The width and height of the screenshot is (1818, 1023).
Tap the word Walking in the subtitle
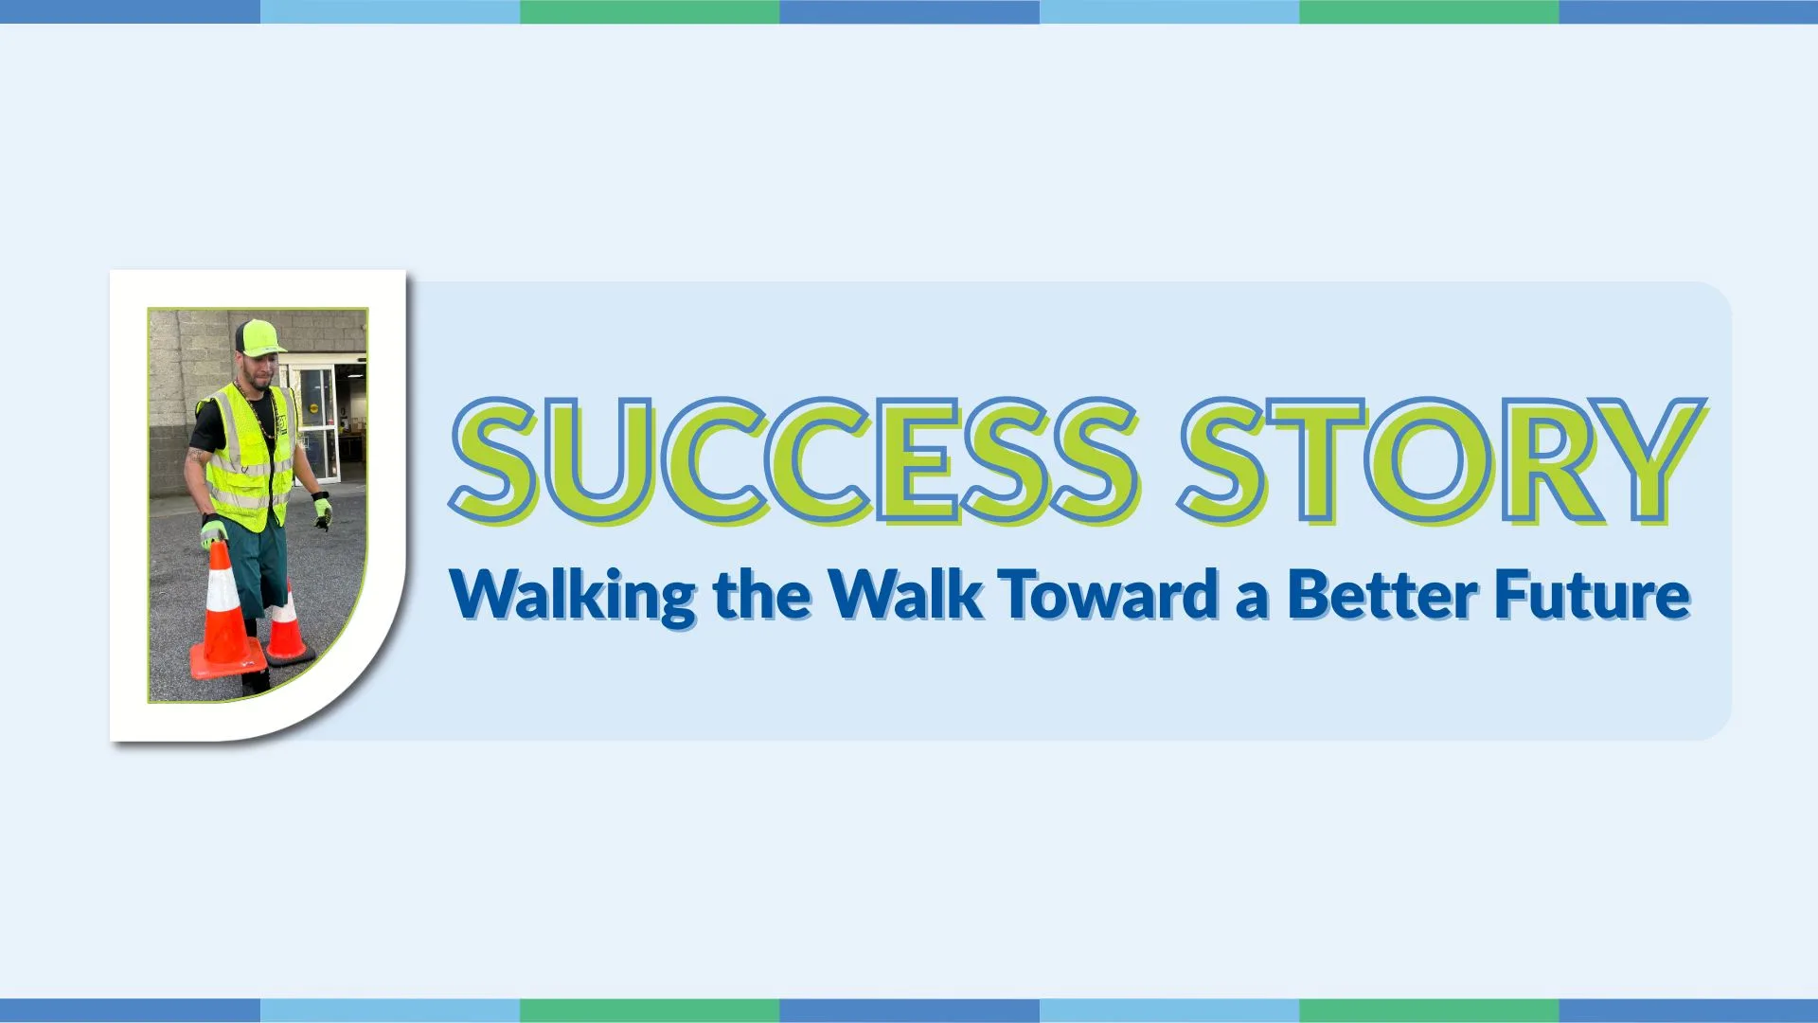coord(572,596)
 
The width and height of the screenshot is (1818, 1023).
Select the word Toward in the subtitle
coord(1109,596)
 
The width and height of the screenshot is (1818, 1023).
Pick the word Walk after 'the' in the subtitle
coord(905,596)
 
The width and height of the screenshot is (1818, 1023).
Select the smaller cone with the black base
coord(287,631)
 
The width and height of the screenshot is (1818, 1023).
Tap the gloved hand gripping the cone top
coord(213,533)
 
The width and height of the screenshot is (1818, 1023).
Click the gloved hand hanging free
coord(322,511)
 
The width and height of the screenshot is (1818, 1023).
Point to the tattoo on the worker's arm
coord(197,456)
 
